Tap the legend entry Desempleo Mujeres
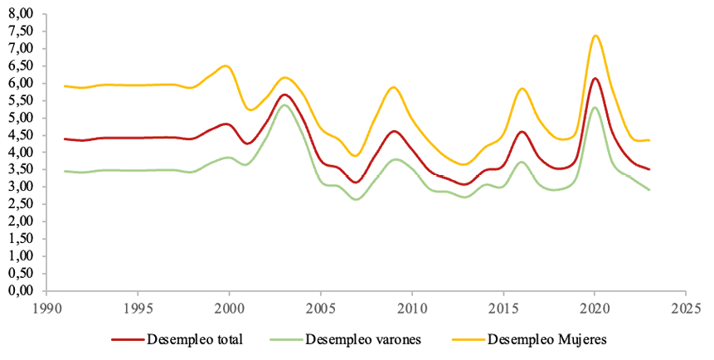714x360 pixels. click(547, 339)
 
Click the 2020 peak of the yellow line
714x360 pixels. click(595, 36)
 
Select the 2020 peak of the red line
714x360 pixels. click(595, 79)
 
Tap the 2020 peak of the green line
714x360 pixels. click(595, 107)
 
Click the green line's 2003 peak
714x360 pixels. click(284, 105)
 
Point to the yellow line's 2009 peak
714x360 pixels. click(395, 87)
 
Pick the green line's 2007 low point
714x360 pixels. click(357, 199)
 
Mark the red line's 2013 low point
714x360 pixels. click(466, 184)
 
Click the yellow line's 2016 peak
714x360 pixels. click(522, 89)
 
